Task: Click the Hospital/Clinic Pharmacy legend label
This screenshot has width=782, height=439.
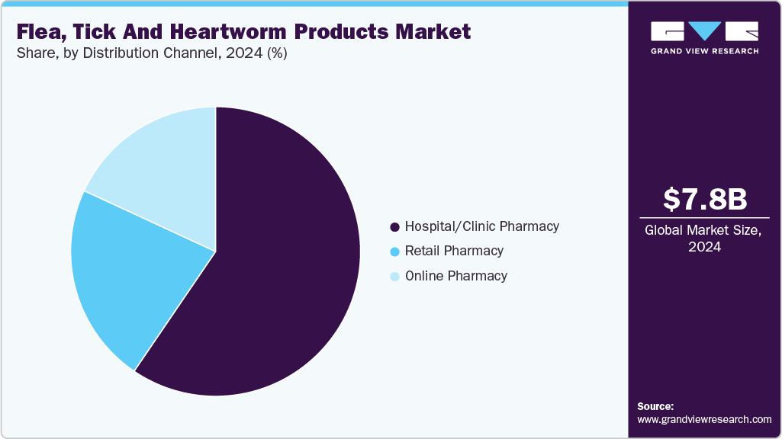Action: pyautogui.click(x=481, y=226)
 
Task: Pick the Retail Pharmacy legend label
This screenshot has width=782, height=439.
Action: pyautogui.click(x=454, y=251)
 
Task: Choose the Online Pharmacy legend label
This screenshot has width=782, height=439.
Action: pyautogui.click(x=455, y=276)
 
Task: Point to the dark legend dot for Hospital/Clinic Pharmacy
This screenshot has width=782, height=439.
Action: pyautogui.click(x=394, y=227)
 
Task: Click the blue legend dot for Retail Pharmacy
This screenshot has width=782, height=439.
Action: pyautogui.click(x=394, y=252)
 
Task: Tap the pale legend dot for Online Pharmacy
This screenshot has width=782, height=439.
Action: pyautogui.click(x=394, y=277)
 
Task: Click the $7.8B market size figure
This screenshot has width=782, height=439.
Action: pyautogui.click(x=704, y=200)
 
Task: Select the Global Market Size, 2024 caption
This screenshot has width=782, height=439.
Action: pyautogui.click(x=704, y=238)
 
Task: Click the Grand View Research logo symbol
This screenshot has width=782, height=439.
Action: pyautogui.click(x=704, y=31)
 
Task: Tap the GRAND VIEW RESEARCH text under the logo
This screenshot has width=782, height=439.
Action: pyautogui.click(x=704, y=51)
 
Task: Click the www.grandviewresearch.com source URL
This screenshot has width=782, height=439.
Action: pyautogui.click(x=704, y=419)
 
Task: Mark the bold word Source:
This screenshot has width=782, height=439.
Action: pyautogui.click(x=655, y=406)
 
